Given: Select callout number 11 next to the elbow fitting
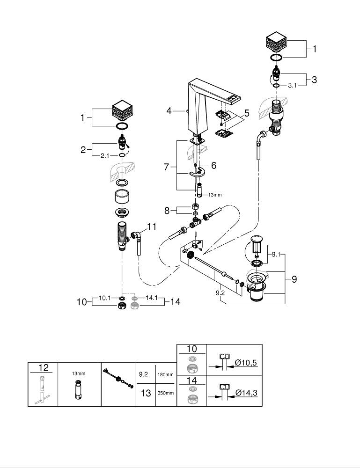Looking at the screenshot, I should pos(151,227).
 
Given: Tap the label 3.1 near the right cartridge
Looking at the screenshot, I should pos(293,86).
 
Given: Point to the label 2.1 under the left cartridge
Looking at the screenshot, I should pos(105,155).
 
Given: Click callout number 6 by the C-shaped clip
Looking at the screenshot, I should pos(213,165).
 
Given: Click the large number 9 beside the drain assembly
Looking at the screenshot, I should pos(294,279).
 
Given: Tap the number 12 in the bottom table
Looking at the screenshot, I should pos(43,368).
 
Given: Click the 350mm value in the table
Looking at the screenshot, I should pos(165,393).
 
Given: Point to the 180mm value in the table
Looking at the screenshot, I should pos(165,374).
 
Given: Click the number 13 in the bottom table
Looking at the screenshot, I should pos(146,393).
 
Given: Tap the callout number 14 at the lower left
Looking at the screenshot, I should pos(175,302).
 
